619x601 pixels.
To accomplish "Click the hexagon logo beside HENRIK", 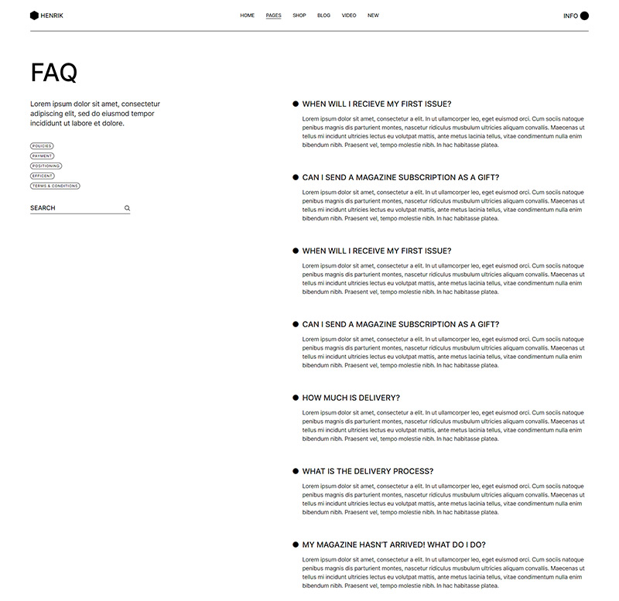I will click(x=34, y=15).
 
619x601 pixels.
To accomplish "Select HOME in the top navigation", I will click(x=247, y=15).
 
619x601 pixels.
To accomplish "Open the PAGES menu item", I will click(x=273, y=15).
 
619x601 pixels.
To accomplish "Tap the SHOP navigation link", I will click(x=299, y=15).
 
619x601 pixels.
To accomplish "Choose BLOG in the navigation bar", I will click(x=323, y=15).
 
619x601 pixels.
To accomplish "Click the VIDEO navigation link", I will click(x=349, y=15).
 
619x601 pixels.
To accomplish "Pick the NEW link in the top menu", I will click(x=373, y=15).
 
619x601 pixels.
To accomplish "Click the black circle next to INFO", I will click(x=584, y=15).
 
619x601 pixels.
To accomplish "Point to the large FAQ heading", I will click(x=54, y=73).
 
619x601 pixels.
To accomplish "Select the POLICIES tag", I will click(x=42, y=146).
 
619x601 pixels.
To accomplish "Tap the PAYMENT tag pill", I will click(x=42, y=156).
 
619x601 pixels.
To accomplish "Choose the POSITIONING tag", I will click(x=46, y=166).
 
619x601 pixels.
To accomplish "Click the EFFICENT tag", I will click(x=43, y=176).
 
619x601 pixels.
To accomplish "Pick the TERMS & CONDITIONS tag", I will click(x=55, y=186).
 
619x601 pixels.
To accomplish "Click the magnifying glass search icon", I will click(x=127, y=208).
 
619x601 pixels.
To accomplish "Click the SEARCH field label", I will click(x=43, y=208).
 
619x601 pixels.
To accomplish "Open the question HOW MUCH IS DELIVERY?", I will click(x=351, y=398).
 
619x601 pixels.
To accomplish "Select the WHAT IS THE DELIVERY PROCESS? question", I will click(x=368, y=471).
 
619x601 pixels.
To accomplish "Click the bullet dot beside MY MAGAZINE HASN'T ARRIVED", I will click(x=296, y=545).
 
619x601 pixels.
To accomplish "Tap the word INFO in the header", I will click(x=570, y=15).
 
